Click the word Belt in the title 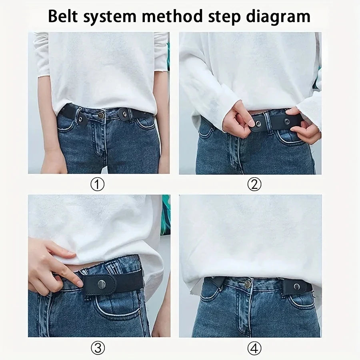(x=65, y=16)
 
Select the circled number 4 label (x=254, y=348)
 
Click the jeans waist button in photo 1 (x=101, y=115)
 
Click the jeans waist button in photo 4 (x=248, y=284)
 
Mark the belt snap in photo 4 (x=297, y=286)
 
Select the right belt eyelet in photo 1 (x=125, y=114)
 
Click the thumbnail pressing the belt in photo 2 (x=250, y=122)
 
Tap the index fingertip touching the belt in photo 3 (x=78, y=283)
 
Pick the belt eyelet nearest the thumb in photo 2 (x=258, y=124)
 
